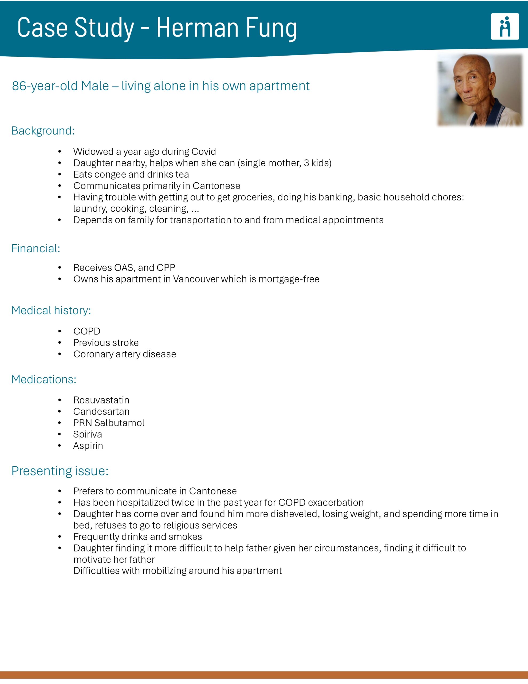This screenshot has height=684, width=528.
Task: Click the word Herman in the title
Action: click(x=197, y=28)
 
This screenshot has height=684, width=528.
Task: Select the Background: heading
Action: click(x=43, y=131)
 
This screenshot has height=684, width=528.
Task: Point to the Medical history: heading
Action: click(x=51, y=310)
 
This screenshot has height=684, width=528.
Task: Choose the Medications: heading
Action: click(x=44, y=379)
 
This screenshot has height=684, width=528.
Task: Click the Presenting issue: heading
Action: click(x=60, y=471)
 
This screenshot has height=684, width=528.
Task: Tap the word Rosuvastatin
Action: click(x=101, y=400)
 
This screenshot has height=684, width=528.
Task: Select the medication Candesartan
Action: click(x=101, y=411)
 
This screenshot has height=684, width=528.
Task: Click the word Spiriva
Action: click(x=87, y=434)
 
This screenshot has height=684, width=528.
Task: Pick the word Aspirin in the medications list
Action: click(x=88, y=446)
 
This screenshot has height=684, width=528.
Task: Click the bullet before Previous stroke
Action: click(x=60, y=343)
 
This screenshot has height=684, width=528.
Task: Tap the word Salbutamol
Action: click(x=119, y=423)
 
